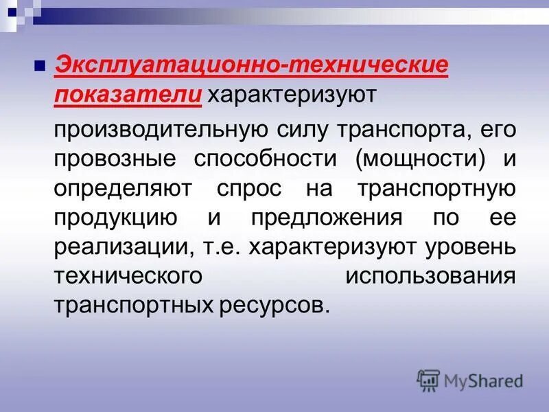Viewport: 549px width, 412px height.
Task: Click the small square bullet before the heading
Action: click(x=40, y=67)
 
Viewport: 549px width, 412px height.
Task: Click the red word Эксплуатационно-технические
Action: click(x=251, y=67)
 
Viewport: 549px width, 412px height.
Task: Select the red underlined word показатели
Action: click(x=128, y=96)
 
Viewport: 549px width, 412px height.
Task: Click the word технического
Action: click(x=128, y=276)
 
